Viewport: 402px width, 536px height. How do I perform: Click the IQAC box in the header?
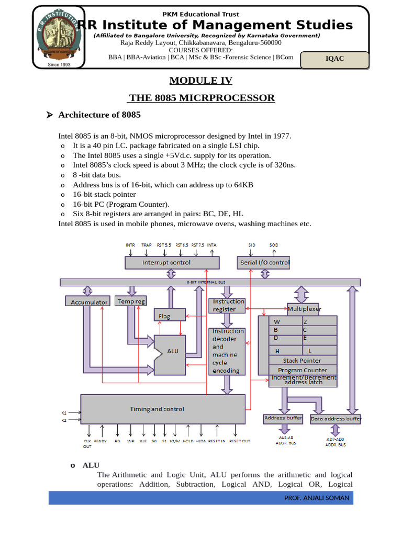point(335,59)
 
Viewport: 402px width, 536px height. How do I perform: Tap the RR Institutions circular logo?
point(59,37)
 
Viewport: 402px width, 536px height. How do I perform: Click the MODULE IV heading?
point(200,81)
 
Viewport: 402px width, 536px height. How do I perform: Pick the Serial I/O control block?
point(264,262)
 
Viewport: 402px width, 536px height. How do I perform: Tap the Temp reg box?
point(131,301)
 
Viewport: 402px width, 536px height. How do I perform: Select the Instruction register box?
point(227,305)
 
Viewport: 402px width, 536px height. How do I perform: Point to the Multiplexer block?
point(304,309)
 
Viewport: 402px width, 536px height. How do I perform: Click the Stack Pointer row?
point(302,361)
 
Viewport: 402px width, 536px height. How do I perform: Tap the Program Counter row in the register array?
point(302,370)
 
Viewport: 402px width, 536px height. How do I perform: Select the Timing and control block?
point(163,409)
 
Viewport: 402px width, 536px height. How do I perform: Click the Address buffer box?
point(283,418)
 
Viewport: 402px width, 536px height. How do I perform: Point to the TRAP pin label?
point(147,245)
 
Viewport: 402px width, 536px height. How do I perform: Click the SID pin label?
point(252,245)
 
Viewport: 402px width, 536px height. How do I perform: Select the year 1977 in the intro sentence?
point(281,136)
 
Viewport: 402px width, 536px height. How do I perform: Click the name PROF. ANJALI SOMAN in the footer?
point(316,498)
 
